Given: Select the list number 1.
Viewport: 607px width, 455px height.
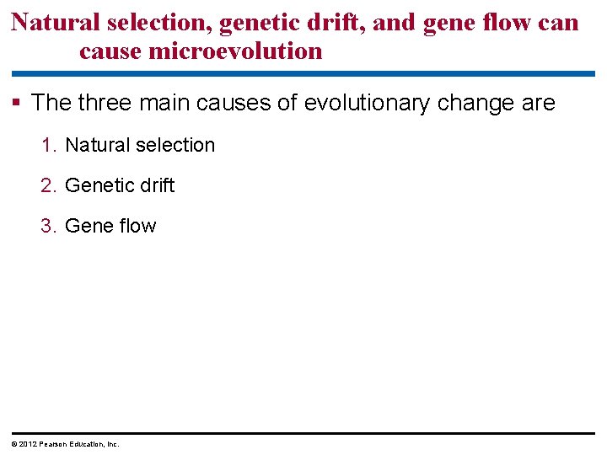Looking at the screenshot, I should coord(48,145).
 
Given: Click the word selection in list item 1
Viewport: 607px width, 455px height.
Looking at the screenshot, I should coord(175,145).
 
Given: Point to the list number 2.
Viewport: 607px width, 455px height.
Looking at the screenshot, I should coord(48,185).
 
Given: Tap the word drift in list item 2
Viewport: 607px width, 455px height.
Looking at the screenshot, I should coord(156,185).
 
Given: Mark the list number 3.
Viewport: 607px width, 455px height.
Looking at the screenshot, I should coord(48,226).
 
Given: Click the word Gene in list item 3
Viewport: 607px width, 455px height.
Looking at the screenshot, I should coord(87,226).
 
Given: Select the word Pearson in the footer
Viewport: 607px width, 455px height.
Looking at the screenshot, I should coord(50,444).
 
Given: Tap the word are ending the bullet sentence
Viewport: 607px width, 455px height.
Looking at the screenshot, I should coord(538,104).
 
